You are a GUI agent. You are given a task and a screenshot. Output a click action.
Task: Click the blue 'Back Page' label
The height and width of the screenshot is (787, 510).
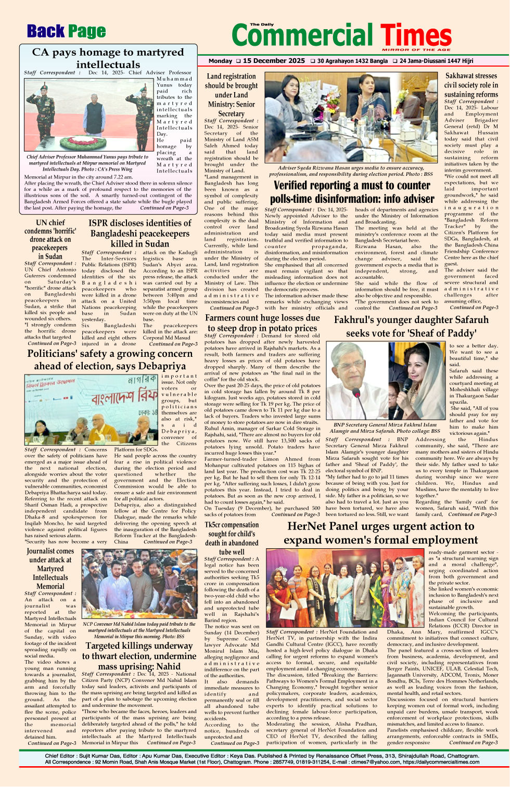(66, 32)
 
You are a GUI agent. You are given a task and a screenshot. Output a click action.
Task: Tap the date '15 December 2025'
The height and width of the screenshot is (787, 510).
(274, 61)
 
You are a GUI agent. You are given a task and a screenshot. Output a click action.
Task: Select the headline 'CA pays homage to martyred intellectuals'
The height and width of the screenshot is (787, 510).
(108, 58)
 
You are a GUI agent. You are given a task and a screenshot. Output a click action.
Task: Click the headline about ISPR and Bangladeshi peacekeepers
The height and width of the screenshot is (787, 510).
(139, 233)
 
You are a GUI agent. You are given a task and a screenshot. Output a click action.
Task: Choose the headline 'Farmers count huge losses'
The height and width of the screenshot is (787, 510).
(262, 322)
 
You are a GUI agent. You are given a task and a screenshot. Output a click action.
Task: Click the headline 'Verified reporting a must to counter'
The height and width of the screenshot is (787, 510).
(352, 192)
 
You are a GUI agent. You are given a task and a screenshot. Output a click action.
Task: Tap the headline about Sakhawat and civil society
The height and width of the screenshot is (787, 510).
(471, 85)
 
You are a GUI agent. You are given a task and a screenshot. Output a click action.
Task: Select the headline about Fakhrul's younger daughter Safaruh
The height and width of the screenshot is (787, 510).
(411, 326)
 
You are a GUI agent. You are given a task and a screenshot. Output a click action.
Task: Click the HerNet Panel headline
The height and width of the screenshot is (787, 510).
(380, 533)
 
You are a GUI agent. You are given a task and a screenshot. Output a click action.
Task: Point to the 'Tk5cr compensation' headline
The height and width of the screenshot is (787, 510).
(231, 538)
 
